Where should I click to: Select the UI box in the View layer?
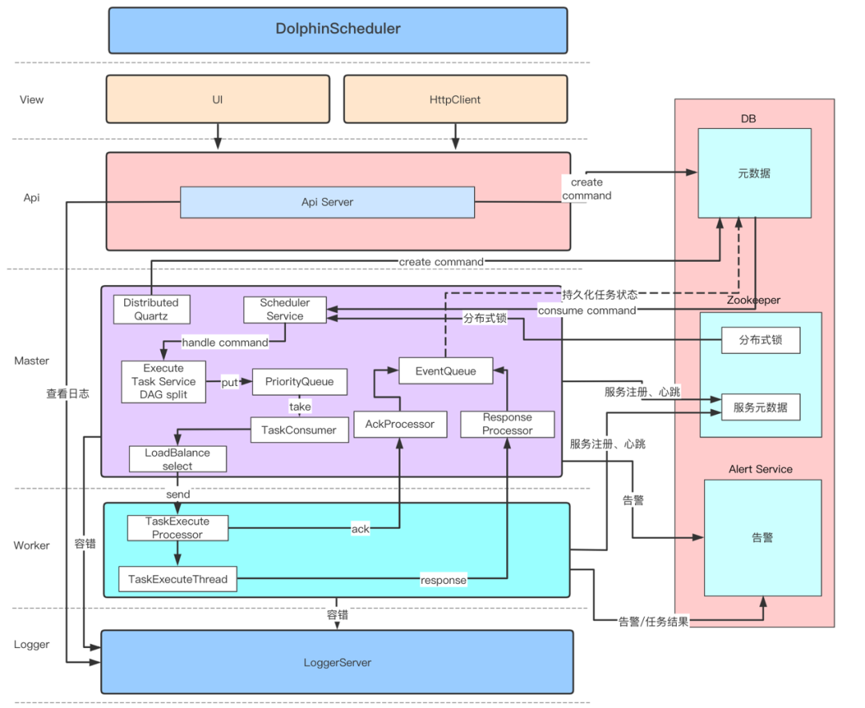[217, 99]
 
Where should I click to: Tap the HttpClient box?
[455, 99]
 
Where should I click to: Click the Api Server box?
[327, 202]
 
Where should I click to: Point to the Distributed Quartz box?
[151, 309]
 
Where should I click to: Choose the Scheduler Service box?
[284, 309]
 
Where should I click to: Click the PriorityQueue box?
[300, 382]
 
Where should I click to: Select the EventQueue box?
[445, 371]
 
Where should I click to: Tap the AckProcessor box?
[399, 424]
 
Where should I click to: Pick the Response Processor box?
[507, 424]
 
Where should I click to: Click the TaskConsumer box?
[300, 430]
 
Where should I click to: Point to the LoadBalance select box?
[177, 459]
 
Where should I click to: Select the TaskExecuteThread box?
[178, 579]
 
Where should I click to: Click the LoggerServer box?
[337, 662]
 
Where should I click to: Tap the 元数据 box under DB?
[754, 173]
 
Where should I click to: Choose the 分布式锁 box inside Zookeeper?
[761, 340]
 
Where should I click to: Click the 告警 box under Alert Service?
[762, 537]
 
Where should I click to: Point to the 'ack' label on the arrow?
[360, 529]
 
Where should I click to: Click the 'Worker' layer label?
[32, 545]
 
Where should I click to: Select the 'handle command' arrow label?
[225, 343]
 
